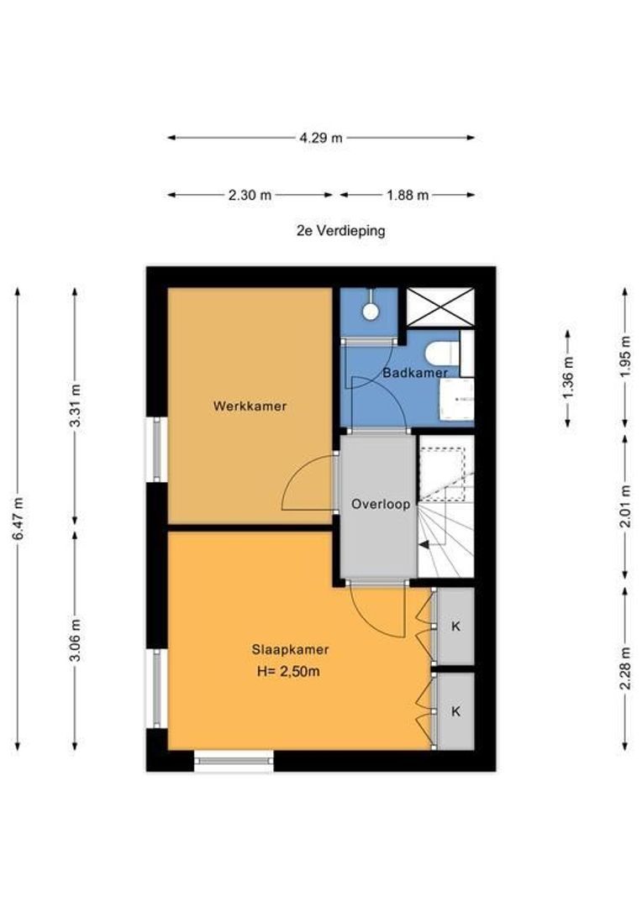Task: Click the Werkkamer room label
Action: (250, 406)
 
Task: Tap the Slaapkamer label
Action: (290, 649)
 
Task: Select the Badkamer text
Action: (416, 373)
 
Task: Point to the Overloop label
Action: (381, 504)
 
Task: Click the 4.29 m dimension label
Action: (321, 138)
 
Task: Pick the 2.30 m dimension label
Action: (250, 195)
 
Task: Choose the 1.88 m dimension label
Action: (408, 195)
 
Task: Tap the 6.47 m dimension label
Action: (18, 518)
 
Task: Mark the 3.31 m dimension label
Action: (76, 405)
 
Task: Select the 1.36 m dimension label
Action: (568, 378)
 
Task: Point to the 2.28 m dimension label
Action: (625, 668)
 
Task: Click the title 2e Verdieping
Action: (340, 231)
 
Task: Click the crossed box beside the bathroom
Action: (440, 307)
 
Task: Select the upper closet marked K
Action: (455, 626)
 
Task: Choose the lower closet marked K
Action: (455, 711)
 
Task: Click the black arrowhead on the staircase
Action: (424, 544)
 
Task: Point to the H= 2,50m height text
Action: (288, 672)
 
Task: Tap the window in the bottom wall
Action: (234, 761)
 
